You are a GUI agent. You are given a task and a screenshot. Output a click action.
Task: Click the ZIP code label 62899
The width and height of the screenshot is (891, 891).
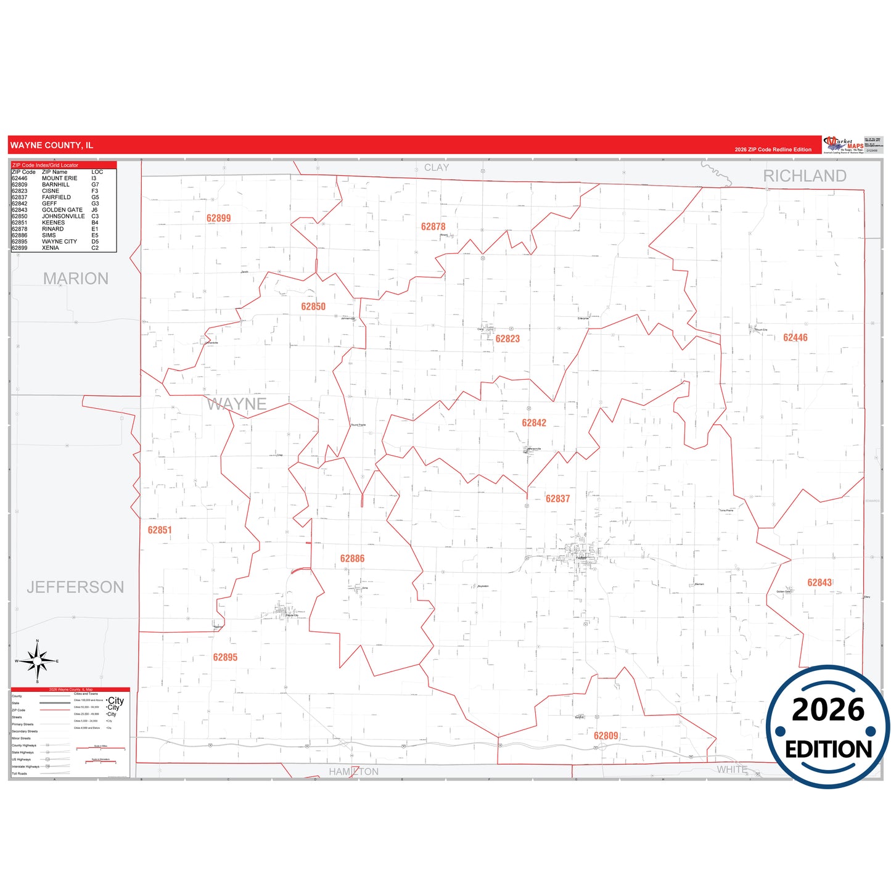[x=218, y=218]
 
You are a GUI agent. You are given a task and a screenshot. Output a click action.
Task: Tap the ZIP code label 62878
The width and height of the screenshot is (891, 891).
[x=433, y=227]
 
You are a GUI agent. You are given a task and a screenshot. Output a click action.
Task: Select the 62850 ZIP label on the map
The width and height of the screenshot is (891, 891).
[x=313, y=306]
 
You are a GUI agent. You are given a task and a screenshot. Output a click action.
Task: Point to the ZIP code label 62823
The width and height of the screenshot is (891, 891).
[x=507, y=339]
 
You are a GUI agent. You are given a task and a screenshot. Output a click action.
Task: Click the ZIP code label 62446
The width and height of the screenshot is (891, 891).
[x=795, y=337]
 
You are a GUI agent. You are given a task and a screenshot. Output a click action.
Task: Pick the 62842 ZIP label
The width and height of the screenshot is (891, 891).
[x=534, y=423]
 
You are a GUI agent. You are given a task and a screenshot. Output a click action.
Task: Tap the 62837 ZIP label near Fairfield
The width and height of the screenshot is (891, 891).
[x=557, y=499]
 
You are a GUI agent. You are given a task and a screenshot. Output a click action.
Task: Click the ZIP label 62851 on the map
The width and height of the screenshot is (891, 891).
[x=160, y=530]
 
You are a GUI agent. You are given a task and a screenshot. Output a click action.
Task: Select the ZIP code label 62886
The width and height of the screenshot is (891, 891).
[x=352, y=559]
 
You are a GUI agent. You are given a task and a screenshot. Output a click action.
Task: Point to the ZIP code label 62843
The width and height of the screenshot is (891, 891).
[x=819, y=583]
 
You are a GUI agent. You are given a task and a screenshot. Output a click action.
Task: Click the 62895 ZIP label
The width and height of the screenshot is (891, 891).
[x=225, y=657]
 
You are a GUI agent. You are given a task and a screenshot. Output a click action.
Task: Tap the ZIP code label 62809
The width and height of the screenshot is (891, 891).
[x=606, y=736]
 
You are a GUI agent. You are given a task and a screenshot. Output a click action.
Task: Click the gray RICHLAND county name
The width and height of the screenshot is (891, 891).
[x=805, y=176]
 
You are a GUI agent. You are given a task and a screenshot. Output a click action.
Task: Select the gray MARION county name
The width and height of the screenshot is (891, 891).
[x=76, y=279]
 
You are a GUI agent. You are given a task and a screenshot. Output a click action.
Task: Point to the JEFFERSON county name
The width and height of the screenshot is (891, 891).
[x=75, y=587]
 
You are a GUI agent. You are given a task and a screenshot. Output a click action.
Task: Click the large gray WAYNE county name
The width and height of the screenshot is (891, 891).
[x=237, y=404]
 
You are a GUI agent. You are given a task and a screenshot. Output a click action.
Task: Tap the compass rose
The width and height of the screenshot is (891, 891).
[x=38, y=661]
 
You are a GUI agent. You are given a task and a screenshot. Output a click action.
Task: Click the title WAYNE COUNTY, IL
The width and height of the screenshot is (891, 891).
[x=52, y=146]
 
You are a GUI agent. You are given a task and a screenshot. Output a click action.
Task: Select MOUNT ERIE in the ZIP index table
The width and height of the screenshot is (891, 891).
[x=60, y=178]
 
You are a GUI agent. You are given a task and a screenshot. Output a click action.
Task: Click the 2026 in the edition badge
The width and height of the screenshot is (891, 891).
[x=828, y=710]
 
